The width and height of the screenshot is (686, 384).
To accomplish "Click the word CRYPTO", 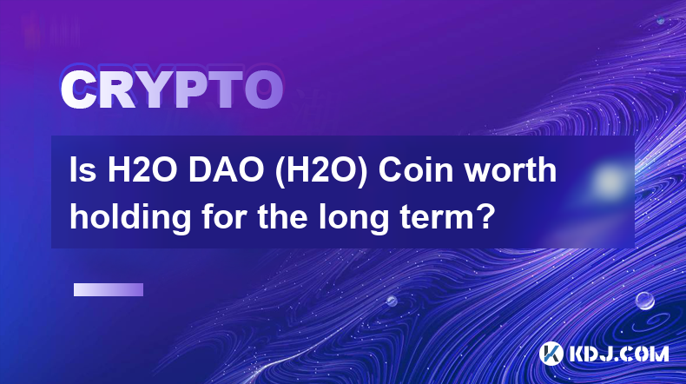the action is [172, 89].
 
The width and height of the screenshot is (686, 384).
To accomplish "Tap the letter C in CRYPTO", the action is [78, 89].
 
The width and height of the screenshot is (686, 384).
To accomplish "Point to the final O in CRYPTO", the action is [263, 89].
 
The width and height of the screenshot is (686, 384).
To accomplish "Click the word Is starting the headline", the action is [83, 170].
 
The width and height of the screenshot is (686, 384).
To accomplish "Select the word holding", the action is [130, 218].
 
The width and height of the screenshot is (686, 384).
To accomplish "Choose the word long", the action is [353, 218].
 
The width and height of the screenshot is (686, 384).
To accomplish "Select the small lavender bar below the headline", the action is [109, 290].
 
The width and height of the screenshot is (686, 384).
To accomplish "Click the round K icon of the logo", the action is [551, 354].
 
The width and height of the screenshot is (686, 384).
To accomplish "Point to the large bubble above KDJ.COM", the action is [645, 301].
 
